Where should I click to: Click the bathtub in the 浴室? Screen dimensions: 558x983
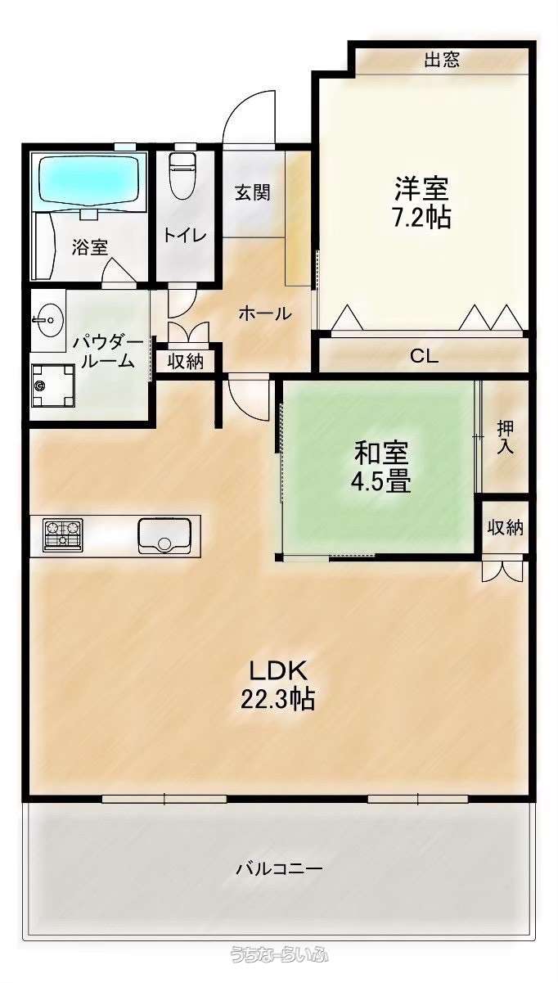(92, 181)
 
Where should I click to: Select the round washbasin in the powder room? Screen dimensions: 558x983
(49, 319)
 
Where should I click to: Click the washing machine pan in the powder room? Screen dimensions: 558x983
(53, 386)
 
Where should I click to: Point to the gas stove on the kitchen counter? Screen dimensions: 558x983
(63, 535)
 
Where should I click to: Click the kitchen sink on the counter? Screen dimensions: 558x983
(164, 536)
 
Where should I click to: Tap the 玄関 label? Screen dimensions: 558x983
(252, 193)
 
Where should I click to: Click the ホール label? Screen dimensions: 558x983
(265, 313)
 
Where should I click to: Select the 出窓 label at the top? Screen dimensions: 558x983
(442, 59)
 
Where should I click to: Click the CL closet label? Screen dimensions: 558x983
(424, 356)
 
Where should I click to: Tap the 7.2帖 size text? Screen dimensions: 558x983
(421, 216)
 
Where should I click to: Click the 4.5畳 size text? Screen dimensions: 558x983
(380, 482)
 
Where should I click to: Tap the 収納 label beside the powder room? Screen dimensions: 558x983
(186, 362)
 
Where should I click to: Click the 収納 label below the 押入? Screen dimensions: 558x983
(506, 528)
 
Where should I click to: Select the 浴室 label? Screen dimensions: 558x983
(90, 248)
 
